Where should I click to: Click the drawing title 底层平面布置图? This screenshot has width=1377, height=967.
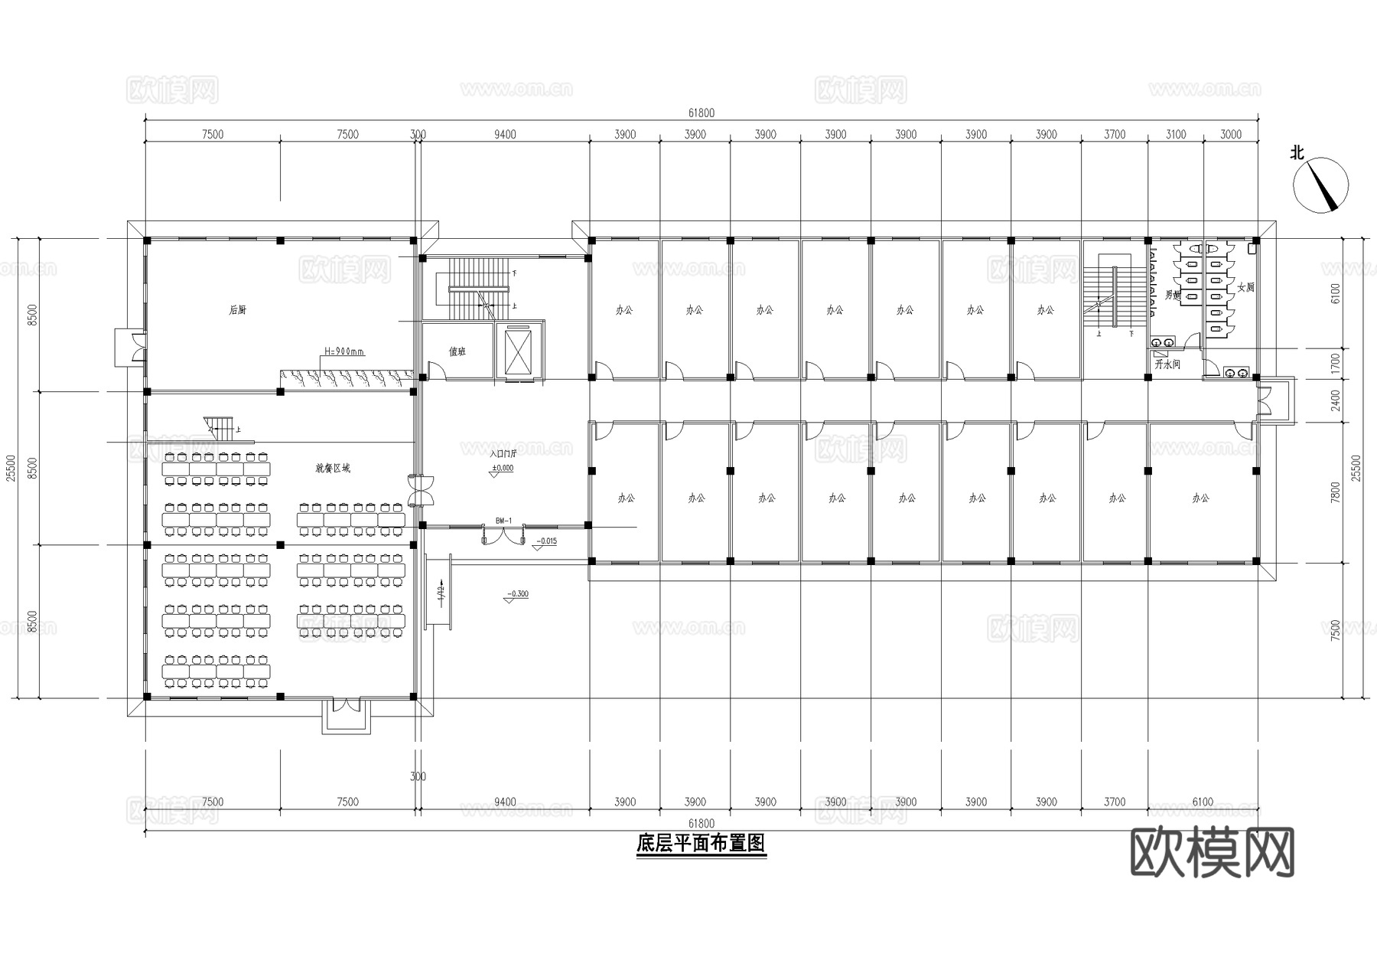(x=701, y=844)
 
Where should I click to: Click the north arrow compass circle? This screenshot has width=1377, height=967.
(x=1320, y=185)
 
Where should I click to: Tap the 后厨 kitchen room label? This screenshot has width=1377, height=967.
(x=238, y=310)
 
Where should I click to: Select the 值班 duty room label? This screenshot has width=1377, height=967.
(x=457, y=351)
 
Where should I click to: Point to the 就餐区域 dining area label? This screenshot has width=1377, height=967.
(x=333, y=467)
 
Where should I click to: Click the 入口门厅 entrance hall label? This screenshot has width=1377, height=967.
(x=503, y=453)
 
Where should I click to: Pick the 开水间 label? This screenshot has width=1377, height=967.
(x=1167, y=364)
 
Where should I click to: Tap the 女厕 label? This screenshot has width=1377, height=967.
(x=1245, y=287)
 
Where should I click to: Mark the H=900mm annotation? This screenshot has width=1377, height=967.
(x=344, y=351)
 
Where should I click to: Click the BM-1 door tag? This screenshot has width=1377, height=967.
(x=503, y=521)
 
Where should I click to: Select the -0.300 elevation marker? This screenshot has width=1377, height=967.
(x=518, y=594)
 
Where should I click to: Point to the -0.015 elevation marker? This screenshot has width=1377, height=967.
(x=546, y=541)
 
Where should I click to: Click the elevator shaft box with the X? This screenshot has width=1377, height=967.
(x=519, y=351)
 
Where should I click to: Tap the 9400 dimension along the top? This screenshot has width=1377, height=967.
(x=505, y=135)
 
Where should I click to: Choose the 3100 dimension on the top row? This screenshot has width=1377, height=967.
(x=1176, y=135)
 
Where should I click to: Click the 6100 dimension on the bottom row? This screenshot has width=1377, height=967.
(x=1203, y=802)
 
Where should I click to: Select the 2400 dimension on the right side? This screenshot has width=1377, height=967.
(x=1336, y=400)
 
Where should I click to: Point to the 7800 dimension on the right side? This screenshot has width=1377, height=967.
(x=1336, y=492)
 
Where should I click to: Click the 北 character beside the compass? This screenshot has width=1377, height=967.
(x=1297, y=153)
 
